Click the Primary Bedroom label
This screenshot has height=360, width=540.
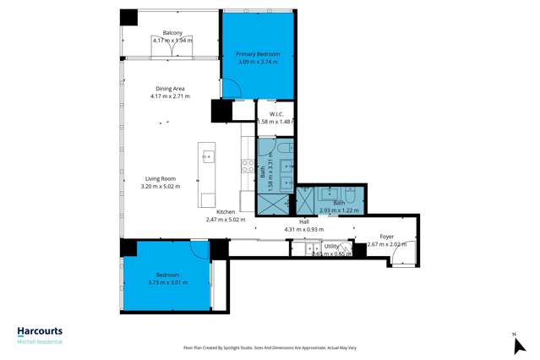click(257, 54)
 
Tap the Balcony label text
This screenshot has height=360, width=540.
click(172, 33)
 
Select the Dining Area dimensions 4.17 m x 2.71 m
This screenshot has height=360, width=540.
click(170, 96)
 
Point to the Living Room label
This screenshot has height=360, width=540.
click(160, 178)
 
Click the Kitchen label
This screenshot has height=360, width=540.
click(226, 212)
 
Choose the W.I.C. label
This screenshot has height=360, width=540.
click(275, 114)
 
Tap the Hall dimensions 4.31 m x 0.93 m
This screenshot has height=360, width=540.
click(303, 229)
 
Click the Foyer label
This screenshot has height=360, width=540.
click(386, 237)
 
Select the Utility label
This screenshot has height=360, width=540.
click(331, 247)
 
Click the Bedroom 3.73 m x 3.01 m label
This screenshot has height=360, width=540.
click(166, 275)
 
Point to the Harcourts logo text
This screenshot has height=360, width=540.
click(40, 331)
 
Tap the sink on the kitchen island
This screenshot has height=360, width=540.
click(208, 157)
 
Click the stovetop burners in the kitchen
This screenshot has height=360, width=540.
click(248, 166)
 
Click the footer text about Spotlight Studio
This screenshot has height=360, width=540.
click(270, 347)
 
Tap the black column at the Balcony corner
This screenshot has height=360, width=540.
click(128, 17)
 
